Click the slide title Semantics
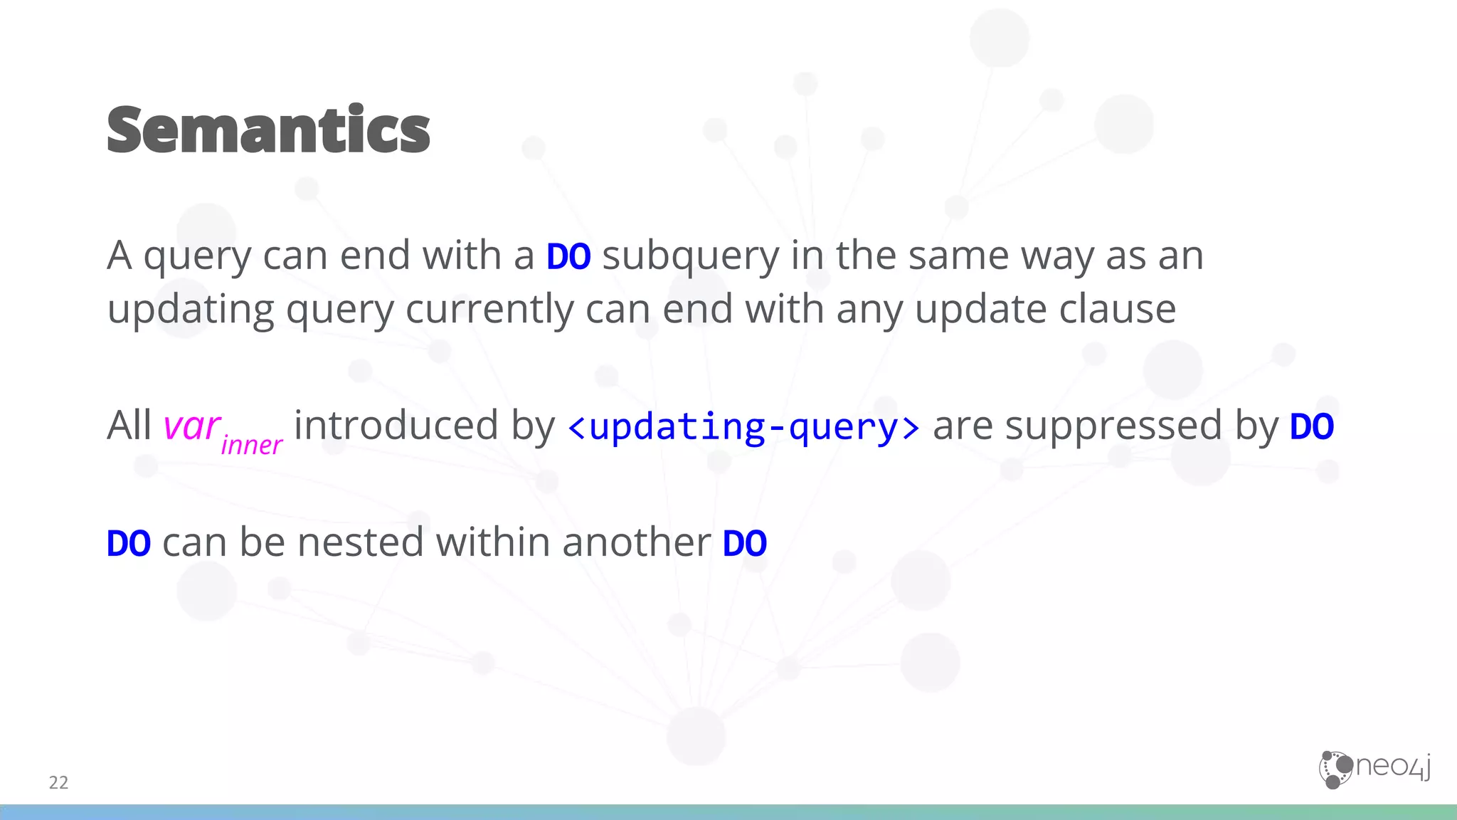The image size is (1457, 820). (268, 130)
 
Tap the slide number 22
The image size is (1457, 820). (58, 782)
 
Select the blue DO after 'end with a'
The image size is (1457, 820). (568, 256)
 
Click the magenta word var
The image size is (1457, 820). (191, 426)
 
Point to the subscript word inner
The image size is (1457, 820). (252, 446)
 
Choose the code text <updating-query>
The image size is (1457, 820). (743, 427)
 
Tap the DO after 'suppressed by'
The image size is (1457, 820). (1312, 427)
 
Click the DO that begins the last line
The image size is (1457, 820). (129, 544)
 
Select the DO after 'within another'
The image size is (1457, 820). (744, 544)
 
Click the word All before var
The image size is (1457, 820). (129, 426)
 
